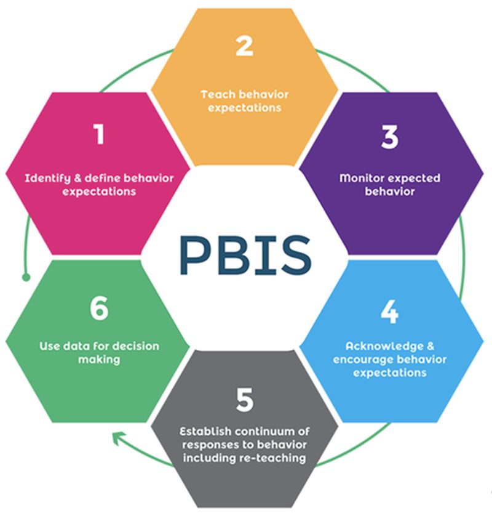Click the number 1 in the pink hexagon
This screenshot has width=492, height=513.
coord(98,134)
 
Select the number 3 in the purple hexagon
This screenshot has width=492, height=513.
coord(389,137)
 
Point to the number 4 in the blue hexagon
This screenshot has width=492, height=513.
coord(389,312)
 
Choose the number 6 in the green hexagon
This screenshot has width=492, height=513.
coord(98,310)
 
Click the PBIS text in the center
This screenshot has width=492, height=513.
coord(245,254)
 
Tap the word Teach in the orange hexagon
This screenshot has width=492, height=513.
coord(215,95)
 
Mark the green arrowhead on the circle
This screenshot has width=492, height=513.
coord(115,438)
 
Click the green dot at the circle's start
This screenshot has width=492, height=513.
coord(26,277)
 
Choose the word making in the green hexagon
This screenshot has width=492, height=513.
coord(98,360)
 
